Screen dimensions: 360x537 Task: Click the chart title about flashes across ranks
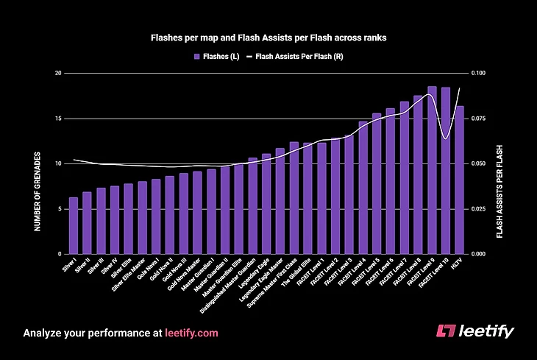pyautogui.click(x=268, y=35)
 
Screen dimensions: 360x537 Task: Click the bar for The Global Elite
pyautogui.click(x=307, y=199)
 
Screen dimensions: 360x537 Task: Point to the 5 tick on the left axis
pyautogui.click(x=57, y=208)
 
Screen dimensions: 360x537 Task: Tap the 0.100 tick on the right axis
pyautogui.click(x=480, y=74)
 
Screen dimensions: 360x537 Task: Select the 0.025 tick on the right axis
pyautogui.click(x=480, y=208)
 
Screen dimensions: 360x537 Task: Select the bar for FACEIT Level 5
pyautogui.click(x=377, y=183)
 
